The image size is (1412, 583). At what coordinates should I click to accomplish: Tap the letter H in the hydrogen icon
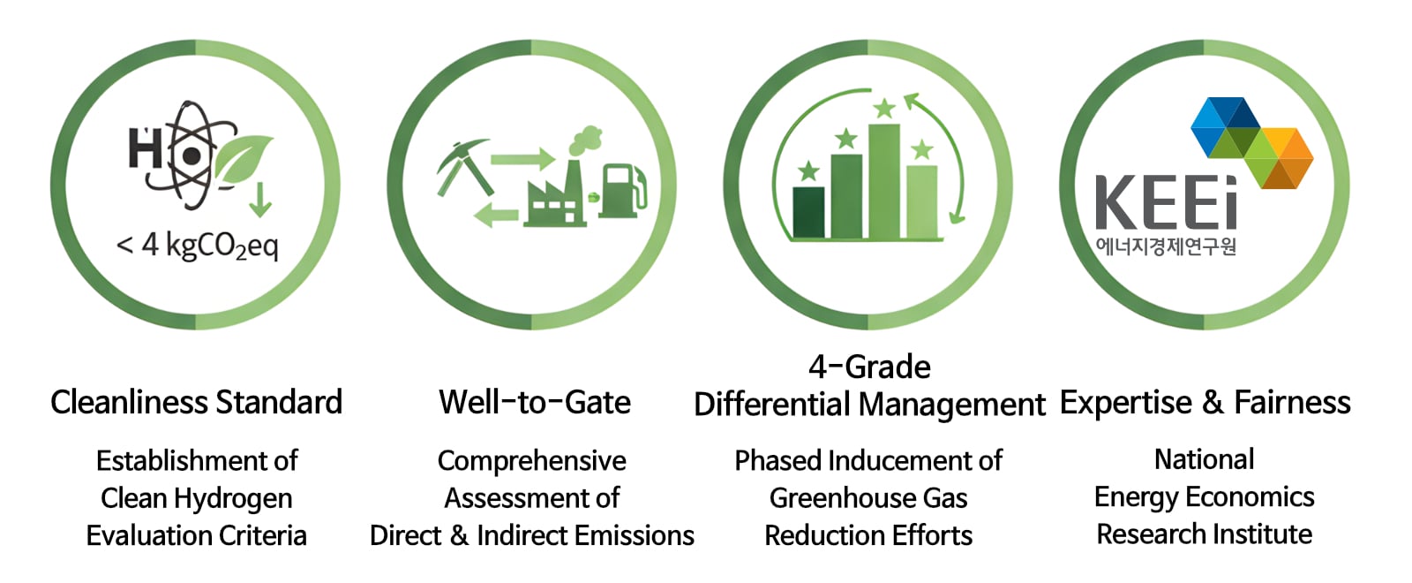click(x=145, y=148)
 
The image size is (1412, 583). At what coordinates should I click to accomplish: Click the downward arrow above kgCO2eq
click(x=259, y=200)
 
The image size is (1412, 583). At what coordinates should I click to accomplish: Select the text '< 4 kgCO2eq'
click(x=198, y=246)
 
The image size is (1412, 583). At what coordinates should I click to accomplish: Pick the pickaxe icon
click(x=464, y=167)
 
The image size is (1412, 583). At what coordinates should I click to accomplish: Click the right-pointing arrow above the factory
click(x=522, y=159)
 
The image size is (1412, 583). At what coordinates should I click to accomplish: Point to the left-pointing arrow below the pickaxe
click(x=496, y=216)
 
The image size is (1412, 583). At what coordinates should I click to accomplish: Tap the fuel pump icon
click(x=622, y=191)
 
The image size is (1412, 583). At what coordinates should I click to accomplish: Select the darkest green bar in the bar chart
click(x=808, y=212)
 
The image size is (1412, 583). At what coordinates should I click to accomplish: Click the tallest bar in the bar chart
click(x=883, y=181)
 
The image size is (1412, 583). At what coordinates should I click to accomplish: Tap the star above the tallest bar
click(x=884, y=109)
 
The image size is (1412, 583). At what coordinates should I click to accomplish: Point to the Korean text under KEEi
click(x=1166, y=246)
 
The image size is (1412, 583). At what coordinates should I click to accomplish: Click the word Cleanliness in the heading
click(x=129, y=403)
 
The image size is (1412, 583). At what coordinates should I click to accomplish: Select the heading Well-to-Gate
click(x=535, y=403)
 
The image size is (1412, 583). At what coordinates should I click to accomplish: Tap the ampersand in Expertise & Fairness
click(x=1213, y=403)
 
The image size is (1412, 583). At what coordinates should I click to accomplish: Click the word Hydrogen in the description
click(x=233, y=498)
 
